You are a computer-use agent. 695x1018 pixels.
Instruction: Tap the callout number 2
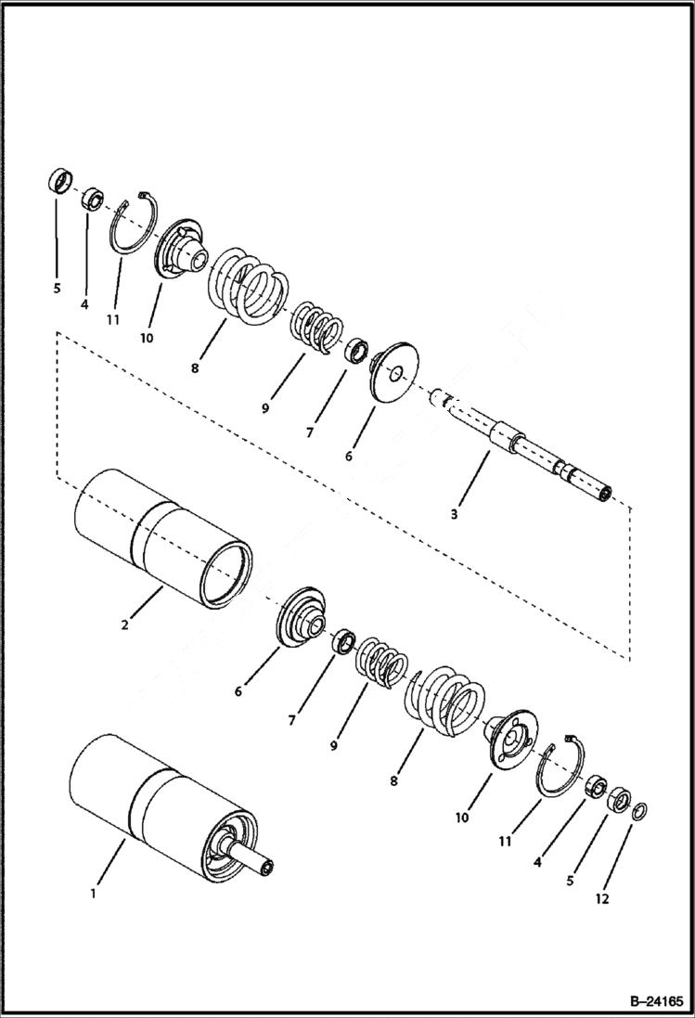[125, 625]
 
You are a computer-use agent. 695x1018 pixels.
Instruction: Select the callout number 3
[454, 513]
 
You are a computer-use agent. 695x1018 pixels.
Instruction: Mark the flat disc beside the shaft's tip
[395, 373]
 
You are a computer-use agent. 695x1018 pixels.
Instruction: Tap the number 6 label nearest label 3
[349, 457]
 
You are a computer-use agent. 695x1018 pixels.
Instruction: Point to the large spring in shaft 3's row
[247, 282]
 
